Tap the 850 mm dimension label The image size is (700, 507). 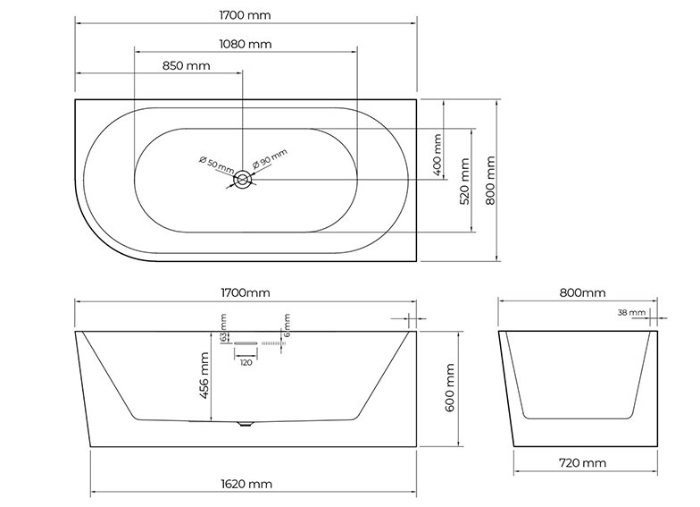click(187, 65)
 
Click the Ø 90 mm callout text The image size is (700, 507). click(271, 158)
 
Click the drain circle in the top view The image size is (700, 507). click(243, 180)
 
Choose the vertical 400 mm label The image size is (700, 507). click(437, 156)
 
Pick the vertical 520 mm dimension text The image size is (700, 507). click(464, 182)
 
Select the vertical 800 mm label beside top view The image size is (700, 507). click(490, 181)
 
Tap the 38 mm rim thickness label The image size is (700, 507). click(630, 313)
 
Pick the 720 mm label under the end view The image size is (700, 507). click(580, 462)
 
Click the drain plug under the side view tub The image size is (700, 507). click(245, 423)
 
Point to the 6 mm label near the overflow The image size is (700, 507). click(287, 325)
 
